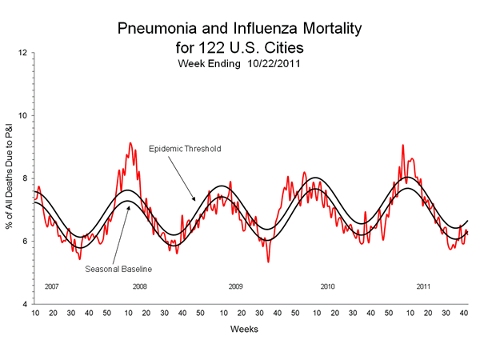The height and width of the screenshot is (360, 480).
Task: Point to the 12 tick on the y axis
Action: pyautogui.click(x=23, y=53)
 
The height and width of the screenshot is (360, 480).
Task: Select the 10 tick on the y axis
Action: pyautogui.click(x=23, y=115)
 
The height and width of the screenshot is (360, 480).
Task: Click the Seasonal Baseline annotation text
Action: pyautogui.click(x=118, y=269)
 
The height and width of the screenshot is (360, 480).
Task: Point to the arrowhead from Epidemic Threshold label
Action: pyautogui.click(x=194, y=200)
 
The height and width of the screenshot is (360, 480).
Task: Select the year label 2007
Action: pyautogui.click(x=52, y=286)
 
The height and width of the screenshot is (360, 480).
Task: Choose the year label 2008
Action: pyautogui.click(x=139, y=286)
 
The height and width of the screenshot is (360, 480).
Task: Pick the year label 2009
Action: pyautogui.click(x=234, y=286)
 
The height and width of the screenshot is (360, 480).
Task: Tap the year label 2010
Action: pyautogui.click(x=327, y=286)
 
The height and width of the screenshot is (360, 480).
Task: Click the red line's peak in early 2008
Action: pyautogui.click(x=130, y=143)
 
